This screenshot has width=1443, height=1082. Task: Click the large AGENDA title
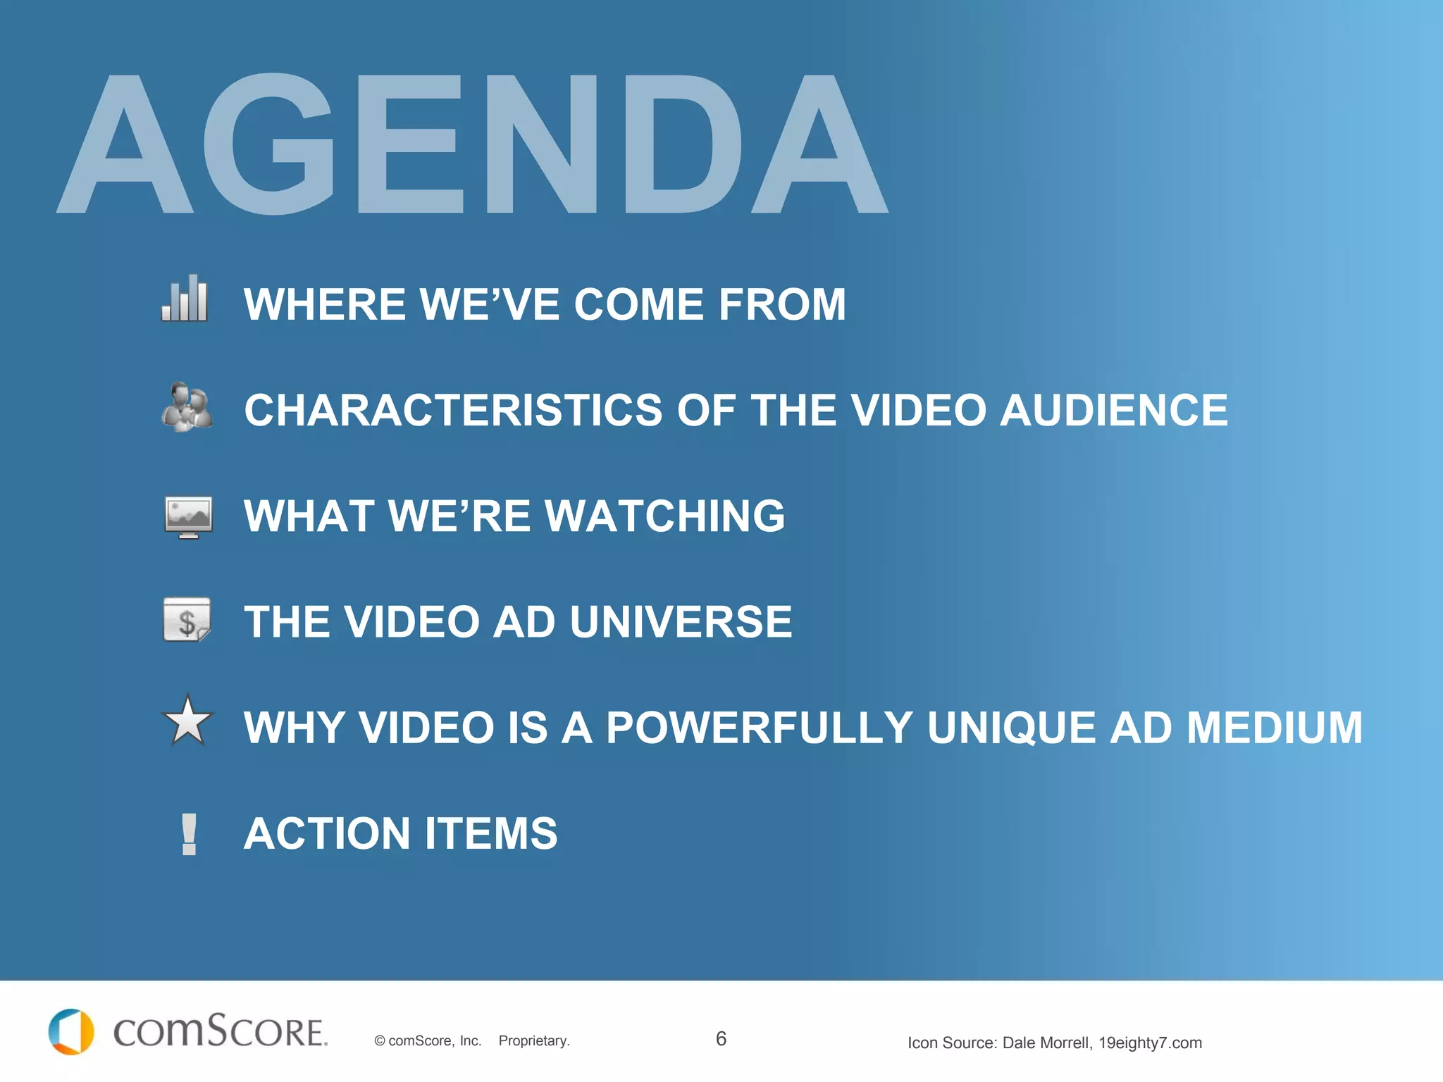click(x=472, y=144)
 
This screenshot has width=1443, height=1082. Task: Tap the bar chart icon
click(x=185, y=299)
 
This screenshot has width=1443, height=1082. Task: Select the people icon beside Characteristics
click(x=187, y=407)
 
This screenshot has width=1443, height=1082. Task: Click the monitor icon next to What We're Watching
click(x=188, y=516)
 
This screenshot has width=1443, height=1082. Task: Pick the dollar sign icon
click(x=187, y=620)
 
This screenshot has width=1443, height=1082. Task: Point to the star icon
click(x=187, y=721)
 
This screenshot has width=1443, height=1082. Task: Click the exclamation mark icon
click(x=189, y=834)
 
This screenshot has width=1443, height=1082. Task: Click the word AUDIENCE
click(x=1114, y=410)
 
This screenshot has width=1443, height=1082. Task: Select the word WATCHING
click(x=664, y=516)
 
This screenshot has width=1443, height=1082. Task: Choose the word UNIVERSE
click(x=681, y=622)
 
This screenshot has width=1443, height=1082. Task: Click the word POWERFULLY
click(x=760, y=728)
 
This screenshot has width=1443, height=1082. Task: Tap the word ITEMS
click(x=490, y=834)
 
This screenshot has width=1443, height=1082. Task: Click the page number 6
click(x=721, y=1038)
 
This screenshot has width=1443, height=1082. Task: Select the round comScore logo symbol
click(x=71, y=1032)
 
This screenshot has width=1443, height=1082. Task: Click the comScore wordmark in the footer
click(x=220, y=1032)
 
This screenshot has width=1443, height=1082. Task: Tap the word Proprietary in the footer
click(x=533, y=1041)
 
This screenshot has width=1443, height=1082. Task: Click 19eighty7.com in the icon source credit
click(x=1150, y=1043)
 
